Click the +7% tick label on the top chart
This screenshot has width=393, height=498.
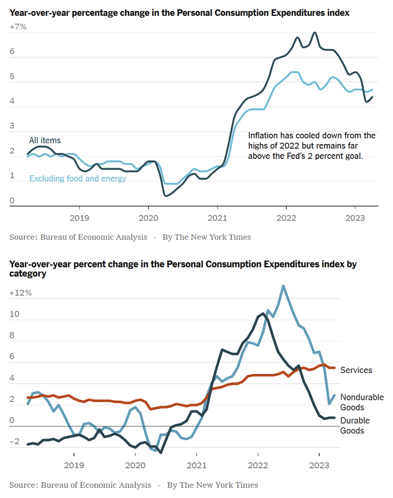pyautogui.click(x=18, y=27)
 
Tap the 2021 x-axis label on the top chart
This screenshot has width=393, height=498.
pyautogui.click(x=217, y=217)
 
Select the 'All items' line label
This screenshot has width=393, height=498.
pyautogui.click(x=45, y=140)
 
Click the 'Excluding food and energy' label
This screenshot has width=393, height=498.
pyautogui.click(x=78, y=178)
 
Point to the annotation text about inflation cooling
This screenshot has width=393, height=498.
pyautogui.click(x=312, y=146)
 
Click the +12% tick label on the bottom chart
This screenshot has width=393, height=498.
pyautogui.click(x=20, y=293)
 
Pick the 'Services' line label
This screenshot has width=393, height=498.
pyautogui.click(x=356, y=370)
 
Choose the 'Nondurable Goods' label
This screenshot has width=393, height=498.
pyautogui.click(x=362, y=402)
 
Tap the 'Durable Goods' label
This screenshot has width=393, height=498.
pyautogui.click(x=355, y=426)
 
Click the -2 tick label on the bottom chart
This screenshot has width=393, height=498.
pyautogui.click(x=14, y=441)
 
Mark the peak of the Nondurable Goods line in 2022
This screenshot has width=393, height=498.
pyautogui.click(x=283, y=286)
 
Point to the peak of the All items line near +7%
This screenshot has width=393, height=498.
pyautogui.click(x=315, y=33)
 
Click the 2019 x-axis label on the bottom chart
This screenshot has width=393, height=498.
pyautogui.click(x=73, y=465)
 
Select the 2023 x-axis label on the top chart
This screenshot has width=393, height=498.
pyautogui.click(x=355, y=217)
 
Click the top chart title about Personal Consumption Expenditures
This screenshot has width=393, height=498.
pyautogui.click(x=179, y=13)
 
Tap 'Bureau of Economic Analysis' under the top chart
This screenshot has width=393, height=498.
pyautogui.click(x=93, y=237)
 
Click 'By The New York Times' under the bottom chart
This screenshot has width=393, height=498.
pyautogui.click(x=212, y=485)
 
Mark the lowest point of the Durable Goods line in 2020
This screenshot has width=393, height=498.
pyautogui.click(x=161, y=453)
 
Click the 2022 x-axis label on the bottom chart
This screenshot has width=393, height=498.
pyautogui.click(x=258, y=465)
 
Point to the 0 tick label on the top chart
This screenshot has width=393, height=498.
pyautogui.click(x=12, y=201)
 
